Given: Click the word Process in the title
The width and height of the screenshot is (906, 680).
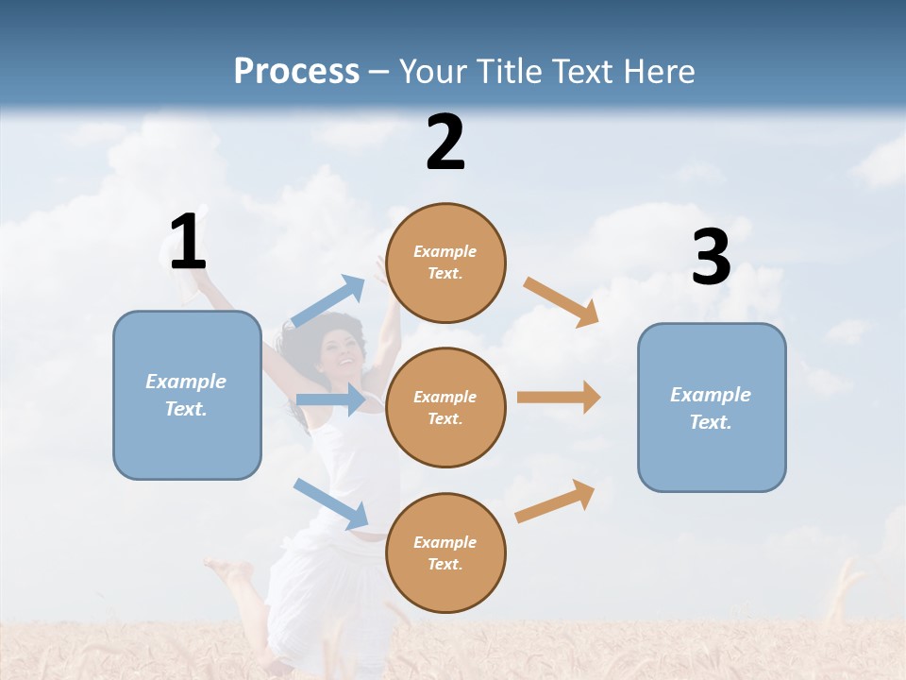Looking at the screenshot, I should [x=296, y=72].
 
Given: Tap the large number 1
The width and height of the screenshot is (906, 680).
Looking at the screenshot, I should [x=188, y=242].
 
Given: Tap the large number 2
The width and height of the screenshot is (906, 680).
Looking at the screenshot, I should [x=445, y=143].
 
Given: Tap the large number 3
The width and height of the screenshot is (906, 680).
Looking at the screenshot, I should [x=711, y=258].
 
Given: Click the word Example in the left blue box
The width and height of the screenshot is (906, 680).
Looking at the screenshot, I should [x=186, y=382].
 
